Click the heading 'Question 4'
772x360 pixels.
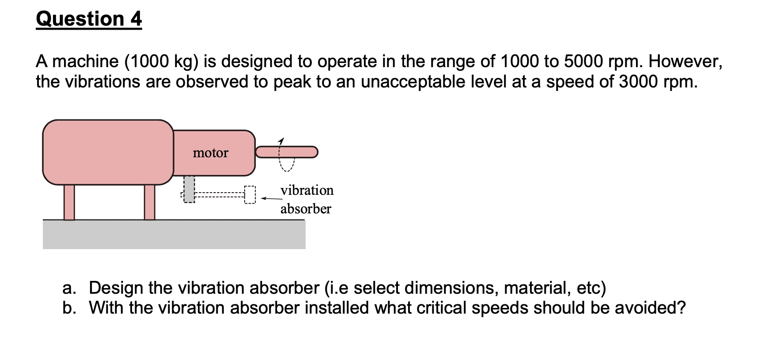[x=89, y=19]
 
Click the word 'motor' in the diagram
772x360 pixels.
[x=211, y=153]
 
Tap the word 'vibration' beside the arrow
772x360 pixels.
[x=307, y=190]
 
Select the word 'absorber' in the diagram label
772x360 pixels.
[x=306, y=208]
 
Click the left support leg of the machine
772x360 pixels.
[x=69, y=202]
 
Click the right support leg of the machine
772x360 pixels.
[x=150, y=202]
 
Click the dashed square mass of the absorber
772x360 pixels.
[x=250, y=195]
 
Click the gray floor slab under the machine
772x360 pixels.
[x=174, y=235]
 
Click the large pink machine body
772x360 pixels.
[x=108, y=152]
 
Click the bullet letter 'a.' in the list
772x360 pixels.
[x=69, y=288]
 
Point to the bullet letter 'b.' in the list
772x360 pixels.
[x=69, y=308]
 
